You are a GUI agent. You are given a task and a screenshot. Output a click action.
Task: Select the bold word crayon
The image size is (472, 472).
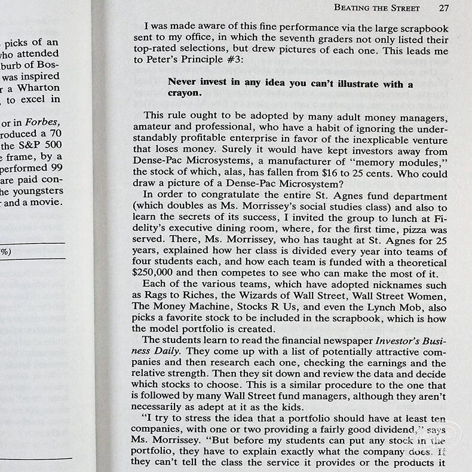pos(184,93)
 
